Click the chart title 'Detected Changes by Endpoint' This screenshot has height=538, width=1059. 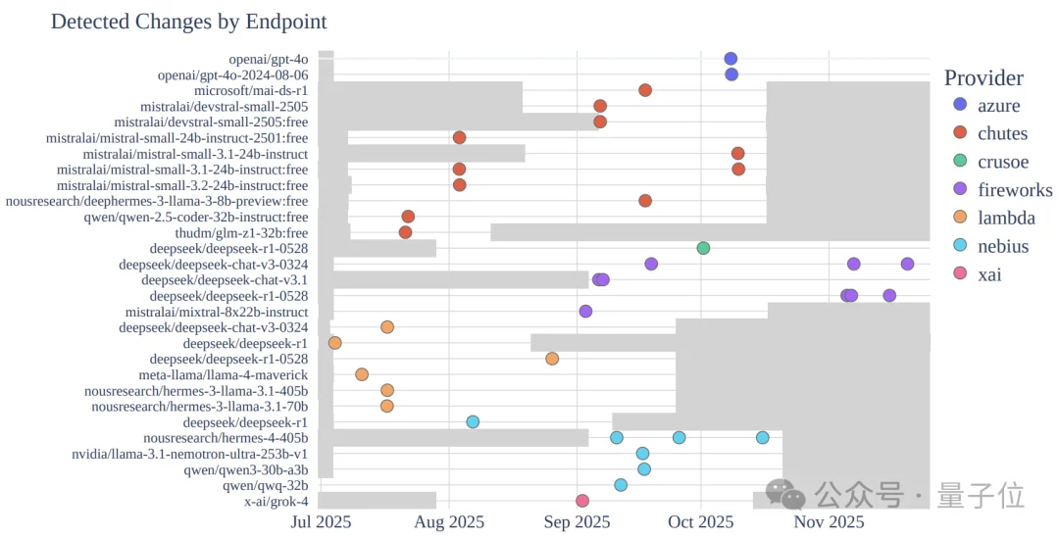coord(188,21)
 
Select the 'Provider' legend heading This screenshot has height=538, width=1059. coord(983,78)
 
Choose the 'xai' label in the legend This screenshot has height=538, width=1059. coord(990,274)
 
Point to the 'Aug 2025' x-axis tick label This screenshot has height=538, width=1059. coord(448,521)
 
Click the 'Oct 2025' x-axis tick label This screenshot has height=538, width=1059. coord(701,521)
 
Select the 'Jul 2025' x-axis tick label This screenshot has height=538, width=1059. coord(321,521)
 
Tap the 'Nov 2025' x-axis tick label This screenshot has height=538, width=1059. coord(829,521)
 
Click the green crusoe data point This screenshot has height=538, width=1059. coord(703,247)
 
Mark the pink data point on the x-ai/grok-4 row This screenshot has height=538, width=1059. coord(582,501)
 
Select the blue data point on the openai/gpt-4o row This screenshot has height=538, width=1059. coord(731,59)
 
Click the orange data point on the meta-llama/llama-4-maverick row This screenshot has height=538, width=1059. coord(362,374)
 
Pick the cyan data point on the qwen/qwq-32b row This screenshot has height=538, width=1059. coord(621,485)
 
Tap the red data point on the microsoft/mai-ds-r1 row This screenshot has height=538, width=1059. coord(645,90)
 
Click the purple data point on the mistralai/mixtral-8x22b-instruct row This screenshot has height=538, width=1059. coord(585,312)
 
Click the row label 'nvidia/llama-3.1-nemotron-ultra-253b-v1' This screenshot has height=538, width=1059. coord(190,454)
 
